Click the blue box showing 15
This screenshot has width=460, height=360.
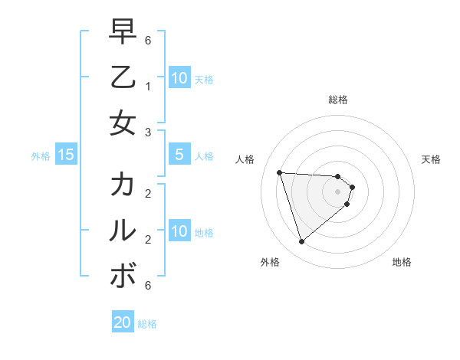tap(66, 155)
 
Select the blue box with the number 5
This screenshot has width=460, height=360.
tap(179, 155)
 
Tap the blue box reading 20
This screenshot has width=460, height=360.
tap(123, 322)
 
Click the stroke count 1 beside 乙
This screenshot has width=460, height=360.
tap(148, 87)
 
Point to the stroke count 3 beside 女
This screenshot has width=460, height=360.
tap(148, 132)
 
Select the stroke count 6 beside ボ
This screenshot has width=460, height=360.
tap(148, 285)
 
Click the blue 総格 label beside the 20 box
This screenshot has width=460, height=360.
tap(147, 324)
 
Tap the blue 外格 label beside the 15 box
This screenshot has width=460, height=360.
tap(41, 156)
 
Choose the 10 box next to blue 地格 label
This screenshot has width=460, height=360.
tap(179, 231)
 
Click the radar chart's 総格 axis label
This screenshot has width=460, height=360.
tap(338, 100)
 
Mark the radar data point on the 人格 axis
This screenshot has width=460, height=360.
tap(280, 172)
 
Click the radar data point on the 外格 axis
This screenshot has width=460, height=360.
tap(301, 242)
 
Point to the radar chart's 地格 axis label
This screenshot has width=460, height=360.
tap(402, 262)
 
